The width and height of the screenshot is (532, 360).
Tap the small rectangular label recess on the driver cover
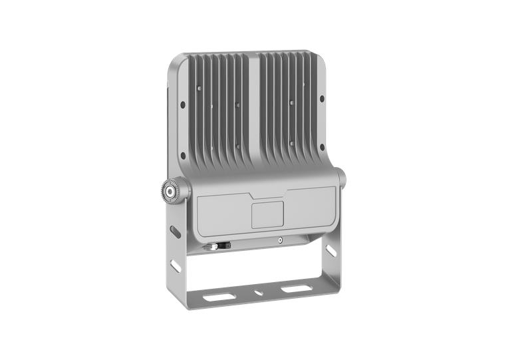pyautogui.click(x=267, y=214)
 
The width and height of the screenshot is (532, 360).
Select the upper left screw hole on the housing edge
pyautogui.click(x=182, y=103)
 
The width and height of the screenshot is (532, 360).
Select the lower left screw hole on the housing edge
pyautogui.click(x=182, y=155)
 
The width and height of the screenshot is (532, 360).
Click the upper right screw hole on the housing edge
pyautogui.click(x=322, y=98)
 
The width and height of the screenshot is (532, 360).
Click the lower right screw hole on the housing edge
pyautogui.click(x=322, y=147)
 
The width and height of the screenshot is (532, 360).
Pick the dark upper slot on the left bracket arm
pyautogui.click(x=175, y=232)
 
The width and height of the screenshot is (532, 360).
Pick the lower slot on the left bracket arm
pyautogui.click(x=176, y=266)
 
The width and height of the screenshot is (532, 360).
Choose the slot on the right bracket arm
pyautogui.click(x=330, y=251)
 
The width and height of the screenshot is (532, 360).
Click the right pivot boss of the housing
pyautogui.click(x=340, y=178)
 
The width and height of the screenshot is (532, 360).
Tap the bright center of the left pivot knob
pyautogui.click(x=170, y=191)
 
